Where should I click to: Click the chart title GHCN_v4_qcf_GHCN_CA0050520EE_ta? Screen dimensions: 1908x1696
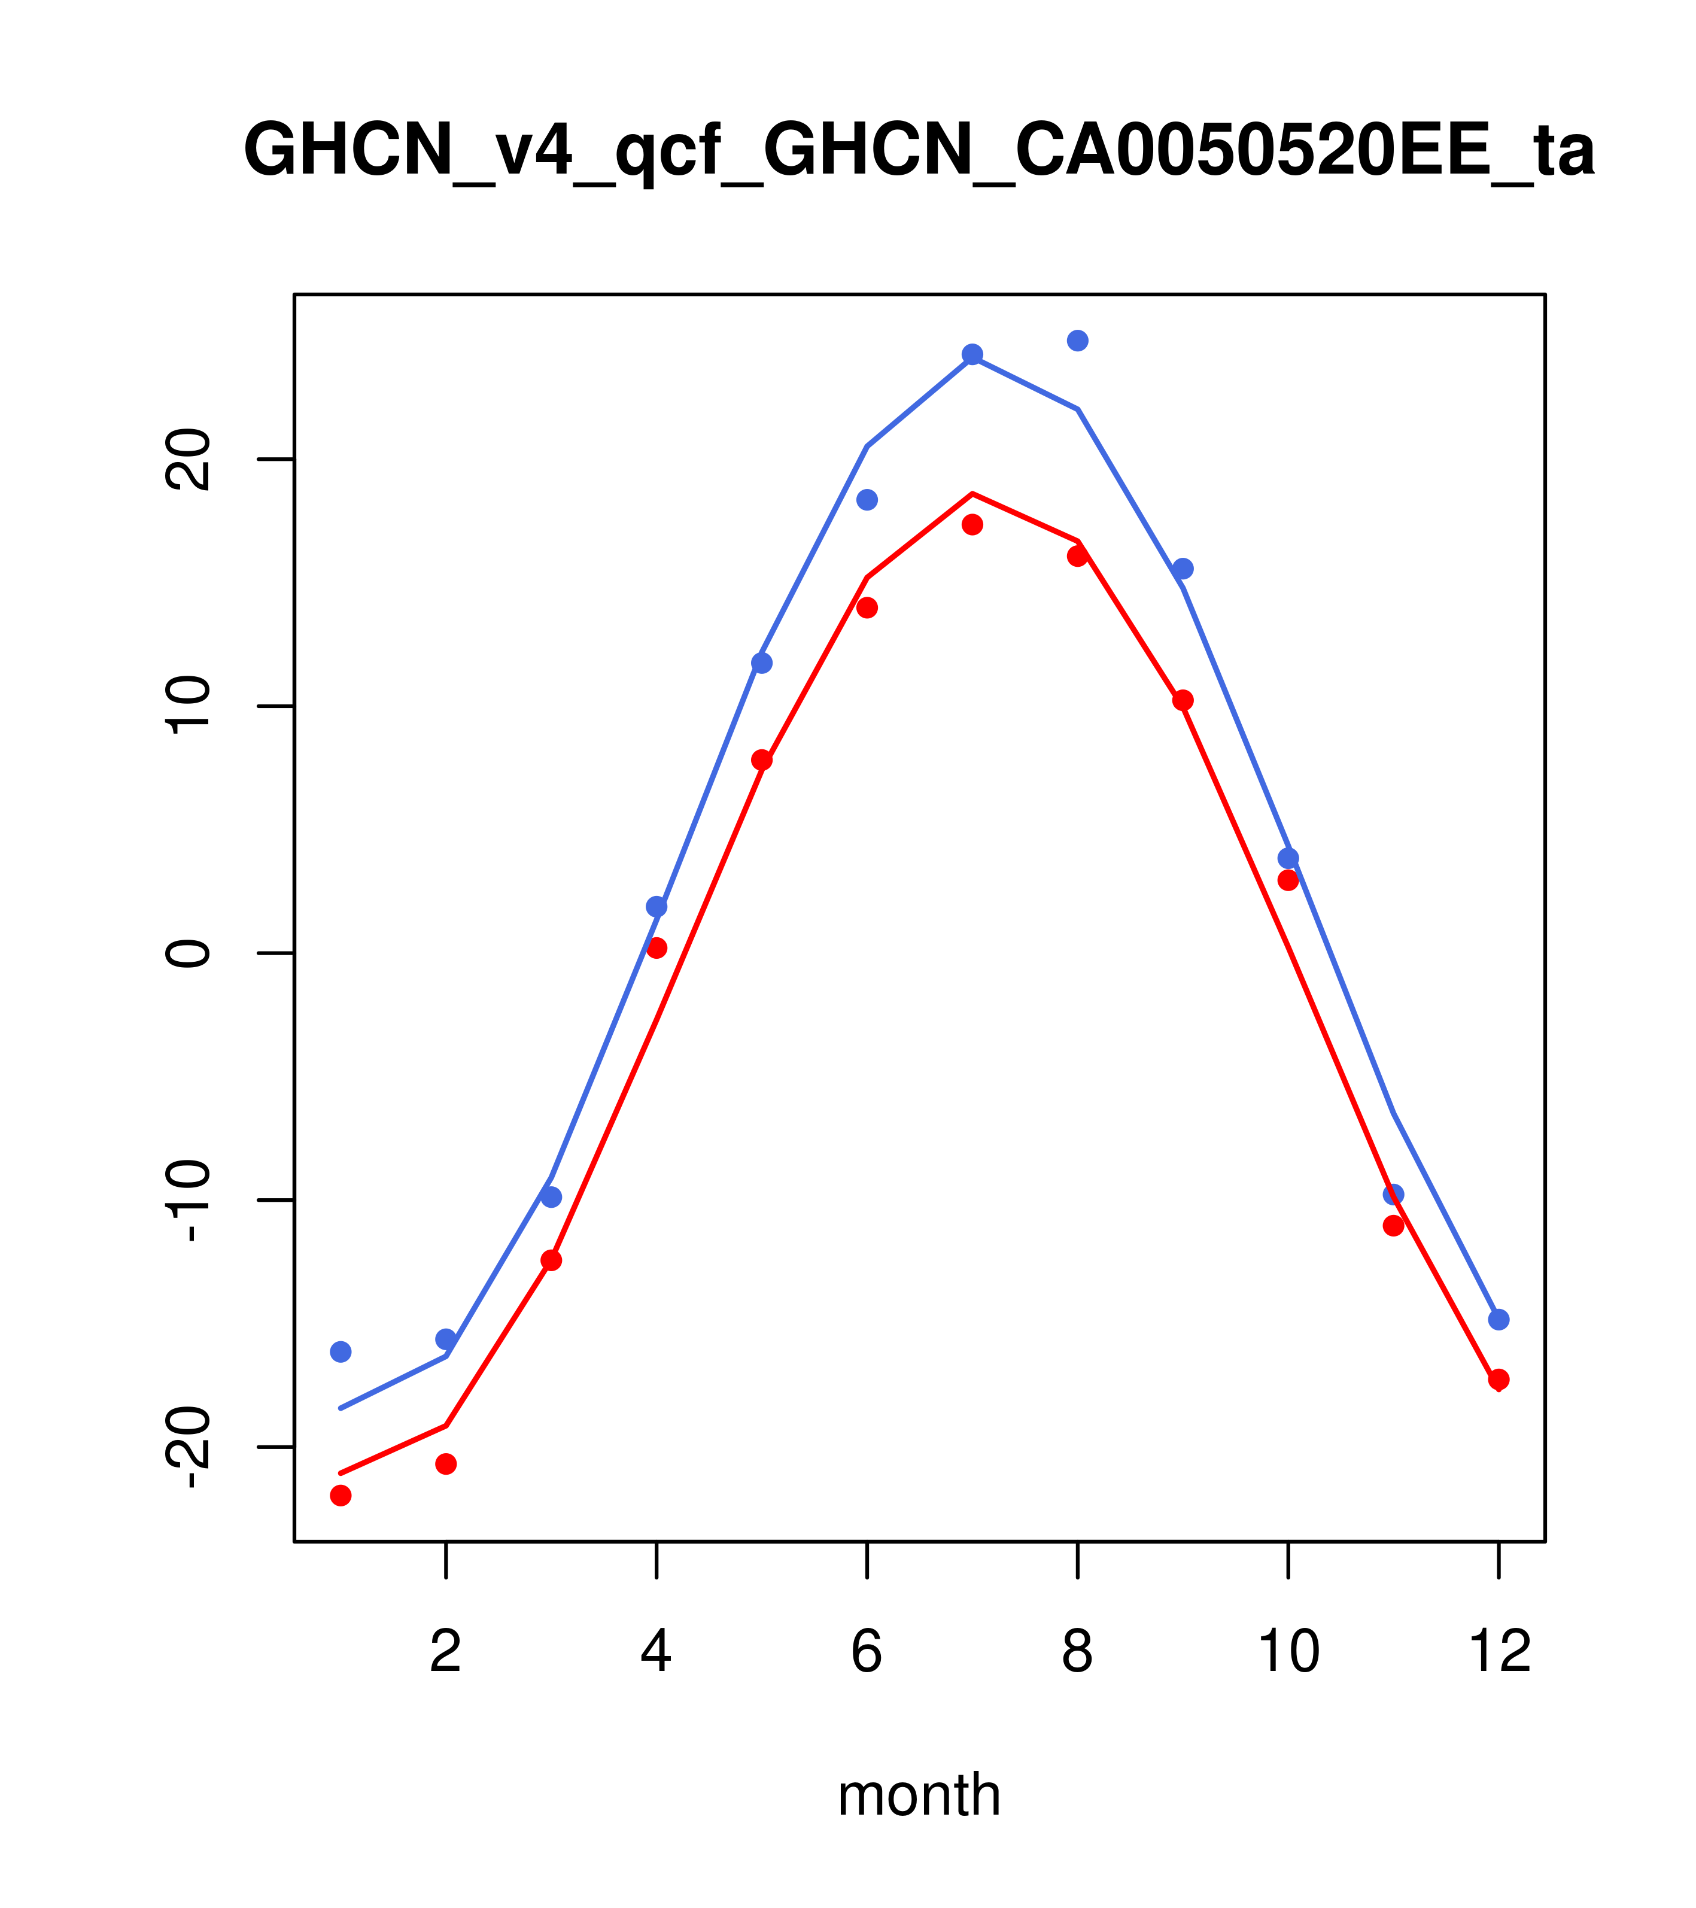(919, 150)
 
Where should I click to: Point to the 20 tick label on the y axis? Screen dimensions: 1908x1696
(187, 459)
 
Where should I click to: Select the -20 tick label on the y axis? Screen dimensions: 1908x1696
(187, 1447)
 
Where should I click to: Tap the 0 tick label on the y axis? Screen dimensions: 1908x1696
(187, 953)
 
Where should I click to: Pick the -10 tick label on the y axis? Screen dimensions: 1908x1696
(187, 1201)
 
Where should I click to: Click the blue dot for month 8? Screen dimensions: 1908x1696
(1077, 341)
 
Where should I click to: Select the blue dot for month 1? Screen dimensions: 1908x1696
(341, 1351)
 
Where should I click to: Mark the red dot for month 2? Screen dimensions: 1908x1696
(446, 1464)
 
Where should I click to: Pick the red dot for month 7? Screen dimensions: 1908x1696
(972, 525)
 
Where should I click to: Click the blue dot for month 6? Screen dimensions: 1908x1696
(867, 500)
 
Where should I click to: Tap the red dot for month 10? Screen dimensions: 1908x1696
(1288, 880)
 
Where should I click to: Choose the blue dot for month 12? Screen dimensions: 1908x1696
(1499, 1320)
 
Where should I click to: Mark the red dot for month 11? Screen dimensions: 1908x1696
(1394, 1226)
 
